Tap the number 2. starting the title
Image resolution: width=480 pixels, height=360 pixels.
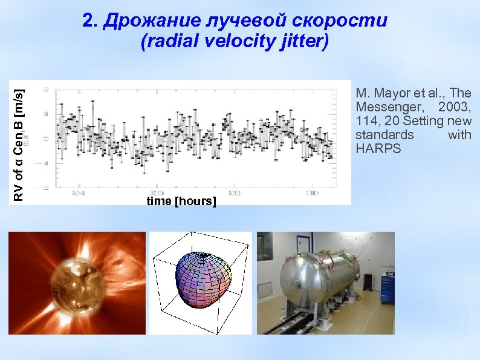[90, 22]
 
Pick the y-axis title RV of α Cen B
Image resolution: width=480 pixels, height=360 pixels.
[19, 144]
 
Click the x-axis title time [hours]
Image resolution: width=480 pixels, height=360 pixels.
[181, 201]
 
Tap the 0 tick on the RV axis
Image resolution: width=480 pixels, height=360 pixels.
[47, 138]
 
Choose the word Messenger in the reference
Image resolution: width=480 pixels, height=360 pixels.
[385, 107]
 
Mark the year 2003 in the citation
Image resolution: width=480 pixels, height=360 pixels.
[455, 107]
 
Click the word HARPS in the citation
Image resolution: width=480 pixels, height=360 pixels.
[378, 149]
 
